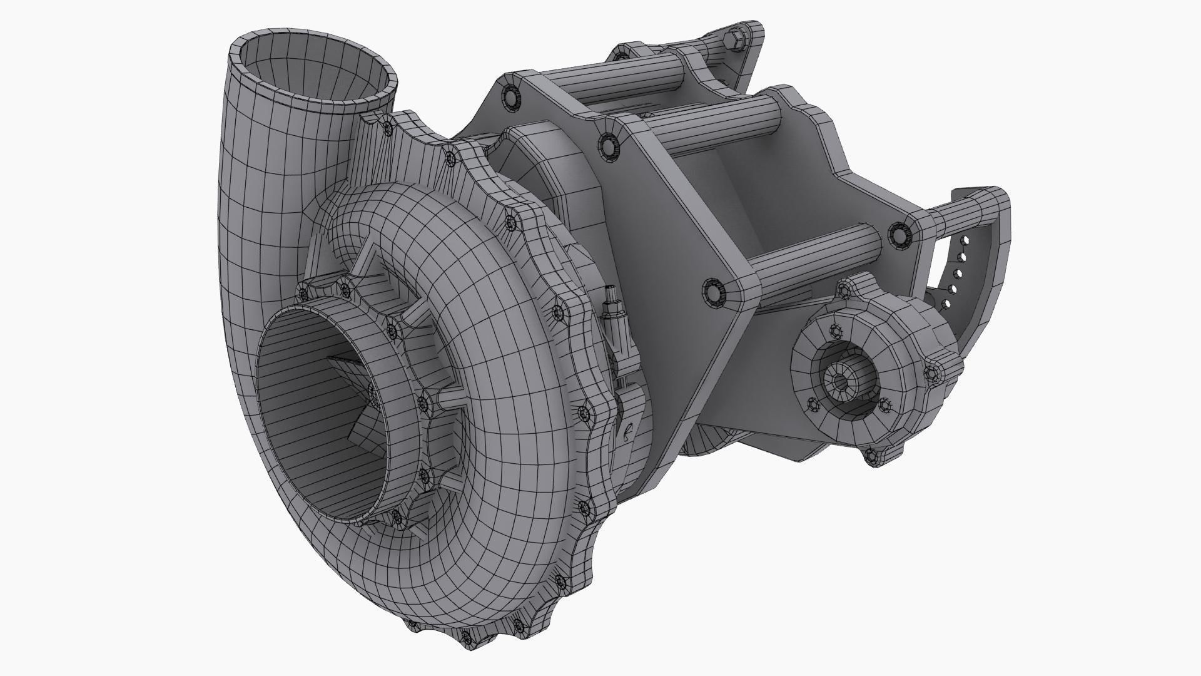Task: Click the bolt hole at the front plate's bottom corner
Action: point(713,292)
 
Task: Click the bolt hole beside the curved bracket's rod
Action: point(899,235)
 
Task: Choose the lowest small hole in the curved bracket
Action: point(946,305)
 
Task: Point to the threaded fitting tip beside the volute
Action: point(610,292)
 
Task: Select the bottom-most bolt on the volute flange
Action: point(467,637)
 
